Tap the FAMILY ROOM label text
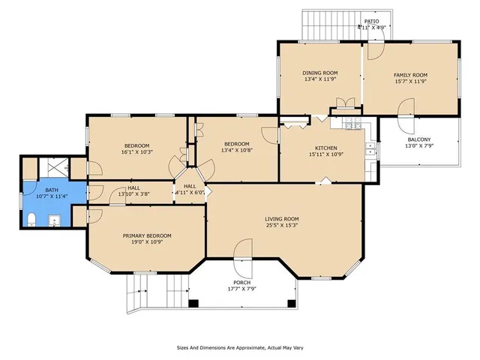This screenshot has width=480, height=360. point(410,75)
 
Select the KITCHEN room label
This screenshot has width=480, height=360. point(325,148)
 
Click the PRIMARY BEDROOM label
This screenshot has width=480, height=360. point(147,235)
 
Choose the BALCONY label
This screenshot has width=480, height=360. point(418,139)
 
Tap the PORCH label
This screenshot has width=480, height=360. point(241,283)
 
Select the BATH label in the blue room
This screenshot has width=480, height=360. point(52,190)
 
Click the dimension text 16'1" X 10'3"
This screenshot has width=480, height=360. point(136,152)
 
